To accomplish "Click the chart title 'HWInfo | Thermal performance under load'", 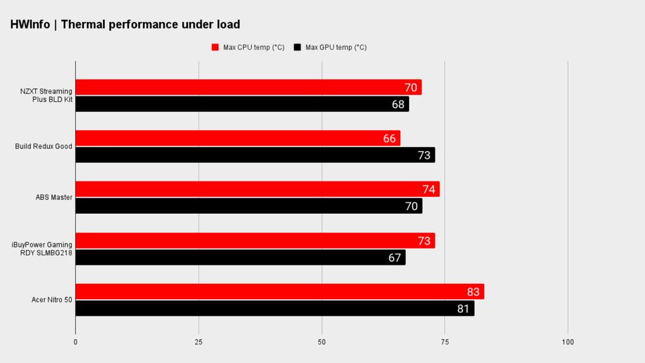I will coord(125,25).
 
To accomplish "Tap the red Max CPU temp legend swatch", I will coord(215,47).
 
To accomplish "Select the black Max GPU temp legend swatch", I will coord(297,47).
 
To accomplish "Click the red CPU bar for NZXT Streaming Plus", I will coord(248,87).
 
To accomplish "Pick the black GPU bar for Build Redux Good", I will coord(255,155).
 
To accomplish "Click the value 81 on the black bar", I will coord(463,308).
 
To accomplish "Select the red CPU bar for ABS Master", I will coord(257,189).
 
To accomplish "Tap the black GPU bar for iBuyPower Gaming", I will coord(240,257).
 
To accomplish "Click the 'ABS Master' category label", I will coord(54,197).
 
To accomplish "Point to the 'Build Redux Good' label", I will coord(44,146).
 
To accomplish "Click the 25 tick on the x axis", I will coord(198,342).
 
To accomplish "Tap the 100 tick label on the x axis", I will coord(567,342).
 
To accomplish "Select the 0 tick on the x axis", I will coord(75,342).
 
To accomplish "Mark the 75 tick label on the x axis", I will coord(444,342).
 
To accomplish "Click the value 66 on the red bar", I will coord(390,138).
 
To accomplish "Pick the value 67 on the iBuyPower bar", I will coord(395,257).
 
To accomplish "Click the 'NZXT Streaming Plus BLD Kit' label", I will coord(46,95).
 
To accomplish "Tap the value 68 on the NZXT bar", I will coord(398,104).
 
